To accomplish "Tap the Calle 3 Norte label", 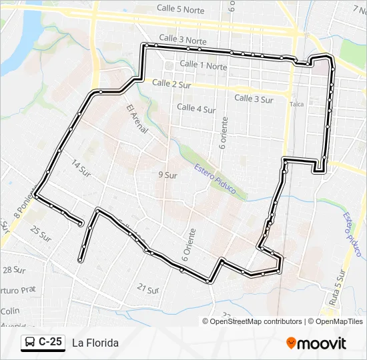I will (183, 40).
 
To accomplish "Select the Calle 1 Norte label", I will (204, 65).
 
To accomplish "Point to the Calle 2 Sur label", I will (172, 83).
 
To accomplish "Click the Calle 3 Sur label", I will (254, 99).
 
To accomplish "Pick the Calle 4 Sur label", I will (196, 107).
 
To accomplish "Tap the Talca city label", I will (298, 104).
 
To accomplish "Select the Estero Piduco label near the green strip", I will (215, 179).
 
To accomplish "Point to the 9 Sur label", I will (167, 175).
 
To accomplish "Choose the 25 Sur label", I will (40, 233).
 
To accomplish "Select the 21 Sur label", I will (147, 289).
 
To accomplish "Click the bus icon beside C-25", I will (30, 342).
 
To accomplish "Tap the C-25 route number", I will (50, 342).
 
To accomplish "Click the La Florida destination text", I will (95, 343).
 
